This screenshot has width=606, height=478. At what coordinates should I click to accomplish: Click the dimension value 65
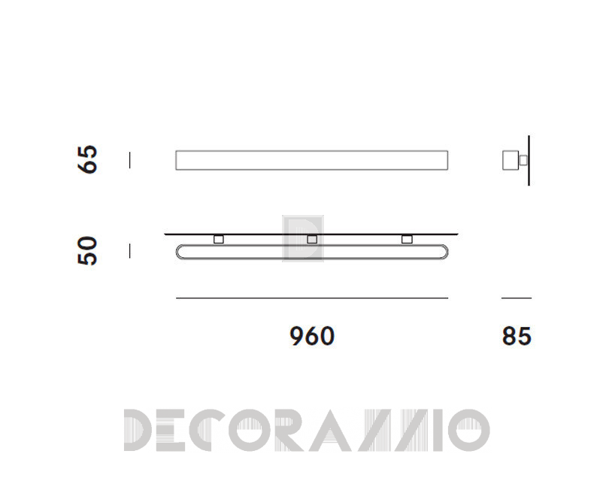[x=88, y=159]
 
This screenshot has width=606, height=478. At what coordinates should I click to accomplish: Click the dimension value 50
[x=88, y=251]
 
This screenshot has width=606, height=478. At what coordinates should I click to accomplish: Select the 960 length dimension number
[x=312, y=336]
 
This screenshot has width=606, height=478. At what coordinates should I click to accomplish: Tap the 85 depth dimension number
[x=517, y=336]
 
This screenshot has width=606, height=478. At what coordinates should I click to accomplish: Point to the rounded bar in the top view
[x=312, y=258]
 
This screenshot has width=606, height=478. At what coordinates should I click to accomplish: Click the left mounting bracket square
[x=219, y=239]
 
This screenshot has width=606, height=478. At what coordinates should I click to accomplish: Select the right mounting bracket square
[x=407, y=239]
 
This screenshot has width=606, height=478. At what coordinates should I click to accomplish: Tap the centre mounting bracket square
[x=312, y=239]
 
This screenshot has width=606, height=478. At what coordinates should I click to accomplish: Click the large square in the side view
[x=511, y=160]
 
